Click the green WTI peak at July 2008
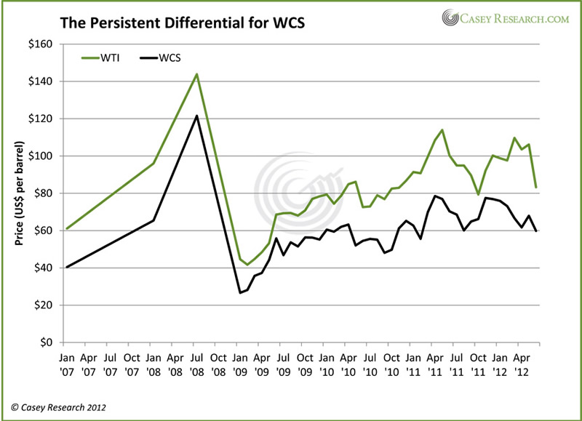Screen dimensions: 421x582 tap(196, 73)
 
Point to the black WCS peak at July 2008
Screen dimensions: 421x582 tap(196, 116)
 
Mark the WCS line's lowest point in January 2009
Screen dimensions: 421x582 tap(240, 293)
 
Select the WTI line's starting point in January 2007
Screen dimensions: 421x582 tap(66, 228)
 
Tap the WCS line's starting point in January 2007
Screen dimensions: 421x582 tap(66, 267)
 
